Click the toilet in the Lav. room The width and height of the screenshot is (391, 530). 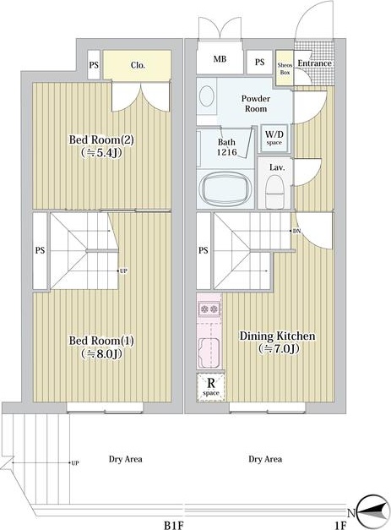[275, 190]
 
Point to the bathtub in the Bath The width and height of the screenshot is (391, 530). [225, 189]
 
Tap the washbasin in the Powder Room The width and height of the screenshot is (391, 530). [207, 96]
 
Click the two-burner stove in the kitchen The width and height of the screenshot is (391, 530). [209, 309]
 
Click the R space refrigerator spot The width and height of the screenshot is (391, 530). [210, 387]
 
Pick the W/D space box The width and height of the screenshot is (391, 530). [274, 139]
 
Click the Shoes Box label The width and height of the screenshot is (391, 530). [285, 68]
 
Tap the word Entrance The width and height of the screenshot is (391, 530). [314, 63]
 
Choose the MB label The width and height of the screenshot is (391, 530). [220, 59]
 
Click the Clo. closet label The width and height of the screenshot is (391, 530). [138, 65]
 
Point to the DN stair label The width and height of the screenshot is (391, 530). [296, 232]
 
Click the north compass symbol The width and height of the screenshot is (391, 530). [372, 513]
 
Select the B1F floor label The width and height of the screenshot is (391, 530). [174, 525]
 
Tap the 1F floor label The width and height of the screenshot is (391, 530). [341, 525]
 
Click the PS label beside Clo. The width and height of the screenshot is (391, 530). [94, 65]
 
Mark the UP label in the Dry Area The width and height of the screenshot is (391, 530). [75, 462]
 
